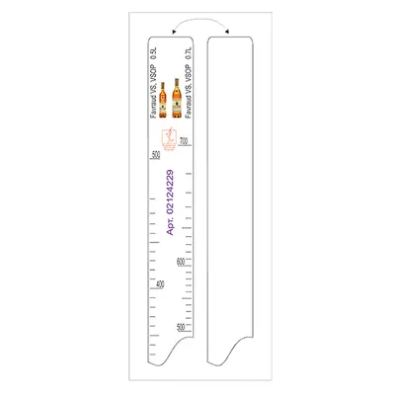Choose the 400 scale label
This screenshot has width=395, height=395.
[x=160, y=286]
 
